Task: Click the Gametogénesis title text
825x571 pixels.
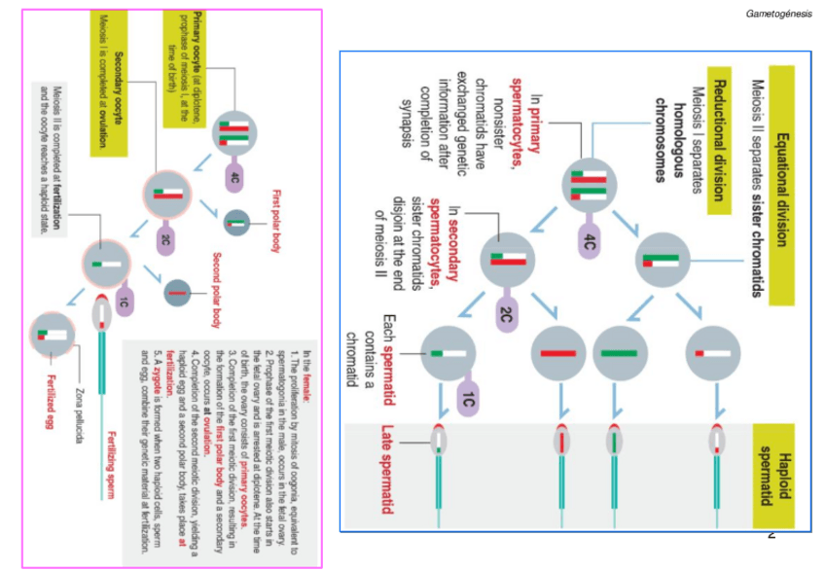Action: (778, 14)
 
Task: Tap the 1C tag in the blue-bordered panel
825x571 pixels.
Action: (468, 399)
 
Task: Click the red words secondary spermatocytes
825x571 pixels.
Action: (451, 234)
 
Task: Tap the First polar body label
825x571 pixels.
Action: (277, 220)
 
